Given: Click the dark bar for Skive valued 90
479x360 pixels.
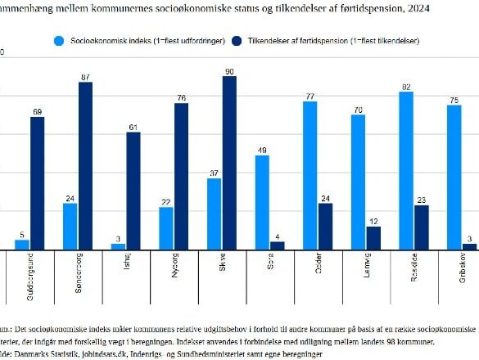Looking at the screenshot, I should [x=229, y=163].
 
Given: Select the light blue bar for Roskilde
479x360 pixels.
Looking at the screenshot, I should [x=405, y=171].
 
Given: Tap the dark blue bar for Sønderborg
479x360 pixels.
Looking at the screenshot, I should [x=85, y=166].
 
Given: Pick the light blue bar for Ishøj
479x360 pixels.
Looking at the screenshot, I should [x=119, y=246].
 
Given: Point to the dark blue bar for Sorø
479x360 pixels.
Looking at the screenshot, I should [x=278, y=245].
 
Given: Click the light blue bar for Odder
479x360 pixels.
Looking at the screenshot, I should [x=310, y=176].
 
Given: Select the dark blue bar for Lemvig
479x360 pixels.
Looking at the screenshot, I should [x=373, y=238].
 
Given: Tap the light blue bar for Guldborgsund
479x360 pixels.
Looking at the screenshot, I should [x=22, y=245].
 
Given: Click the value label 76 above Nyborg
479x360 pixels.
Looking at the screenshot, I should [x=181, y=97].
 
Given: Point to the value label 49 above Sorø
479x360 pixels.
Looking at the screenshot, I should [x=261, y=150].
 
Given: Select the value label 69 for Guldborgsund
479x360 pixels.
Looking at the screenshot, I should [x=37, y=111].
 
